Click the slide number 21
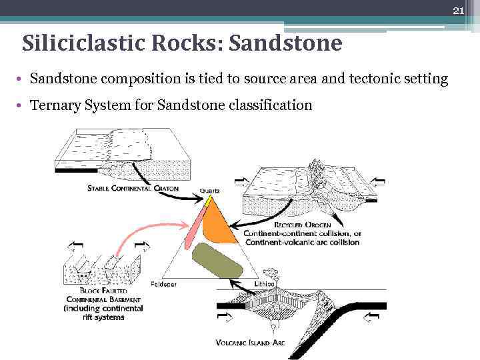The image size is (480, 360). pos(458,10)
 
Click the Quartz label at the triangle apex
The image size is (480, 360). pos(209,191)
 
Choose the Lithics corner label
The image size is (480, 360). pos(265,283)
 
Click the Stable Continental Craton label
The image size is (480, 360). pos(133,188)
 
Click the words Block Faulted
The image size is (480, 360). pos(103,291)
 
